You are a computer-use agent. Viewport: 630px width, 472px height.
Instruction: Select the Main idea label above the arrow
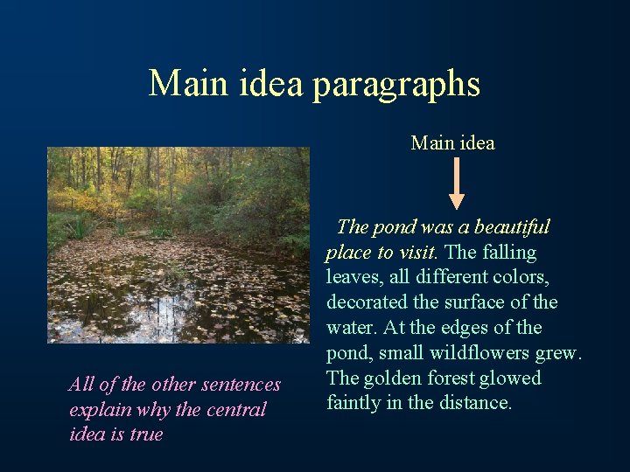click(x=452, y=142)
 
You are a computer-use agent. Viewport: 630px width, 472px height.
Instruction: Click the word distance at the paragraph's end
click(x=478, y=403)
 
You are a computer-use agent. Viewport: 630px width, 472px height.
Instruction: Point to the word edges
click(x=451, y=328)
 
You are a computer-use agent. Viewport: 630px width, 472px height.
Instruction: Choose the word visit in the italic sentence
click(x=416, y=253)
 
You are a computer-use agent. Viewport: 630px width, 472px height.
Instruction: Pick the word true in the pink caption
click(x=145, y=434)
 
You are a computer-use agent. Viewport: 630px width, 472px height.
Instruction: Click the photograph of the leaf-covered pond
click(x=178, y=245)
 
